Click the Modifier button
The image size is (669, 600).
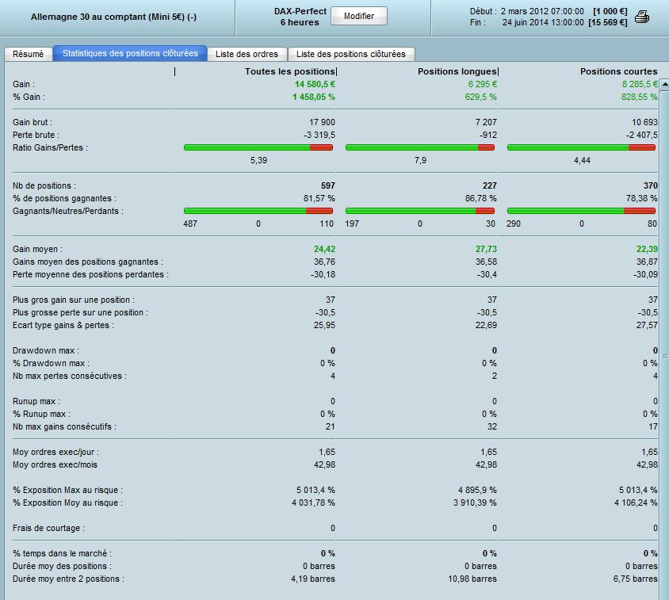[x=359, y=16]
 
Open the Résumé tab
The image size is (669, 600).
[x=29, y=54]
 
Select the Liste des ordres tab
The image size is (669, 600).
[x=247, y=54]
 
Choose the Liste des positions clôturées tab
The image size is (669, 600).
[x=350, y=54]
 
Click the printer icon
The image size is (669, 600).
[x=642, y=17]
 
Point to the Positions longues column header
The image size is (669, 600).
[x=457, y=71]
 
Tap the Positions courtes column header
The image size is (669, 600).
[x=618, y=71]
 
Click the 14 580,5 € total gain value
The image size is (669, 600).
[x=315, y=84]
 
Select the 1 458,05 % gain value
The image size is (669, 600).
[x=314, y=97]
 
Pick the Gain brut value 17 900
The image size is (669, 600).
[x=322, y=122]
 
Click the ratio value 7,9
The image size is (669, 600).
[x=420, y=160]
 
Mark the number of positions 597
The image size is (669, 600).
[x=328, y=185]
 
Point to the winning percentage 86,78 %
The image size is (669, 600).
[x=481, y=198]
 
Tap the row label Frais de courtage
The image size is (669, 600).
[x=48, y=528]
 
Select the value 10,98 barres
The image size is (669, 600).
[x=472, y=579]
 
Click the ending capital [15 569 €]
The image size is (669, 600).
[x=607, y=23]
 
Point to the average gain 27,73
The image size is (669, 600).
[x=487, y=249]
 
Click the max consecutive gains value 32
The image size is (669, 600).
[x=492, y=426]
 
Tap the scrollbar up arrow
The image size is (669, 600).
[x=664, y=84]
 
